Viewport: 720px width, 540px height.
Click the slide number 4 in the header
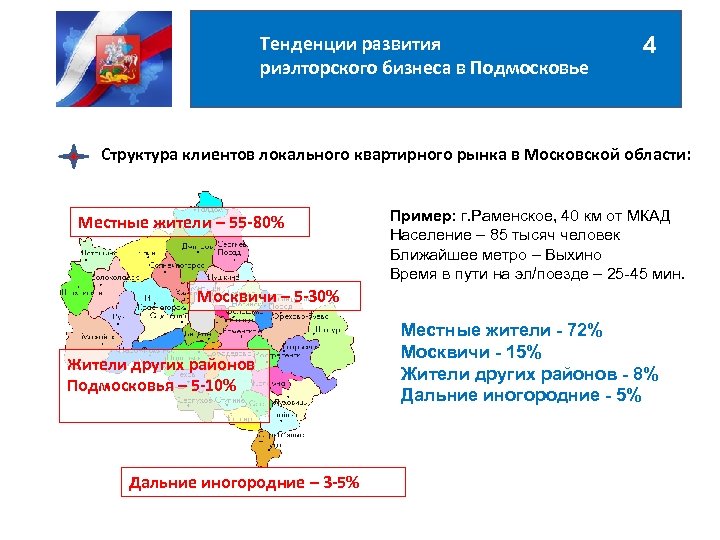click(x=651, y=47)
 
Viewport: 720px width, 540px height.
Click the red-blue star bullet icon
click(x=74, y=157)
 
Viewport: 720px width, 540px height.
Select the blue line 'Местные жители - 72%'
click(x=501, y=330)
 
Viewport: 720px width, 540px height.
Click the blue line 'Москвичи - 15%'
click(x=470, y=352)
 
